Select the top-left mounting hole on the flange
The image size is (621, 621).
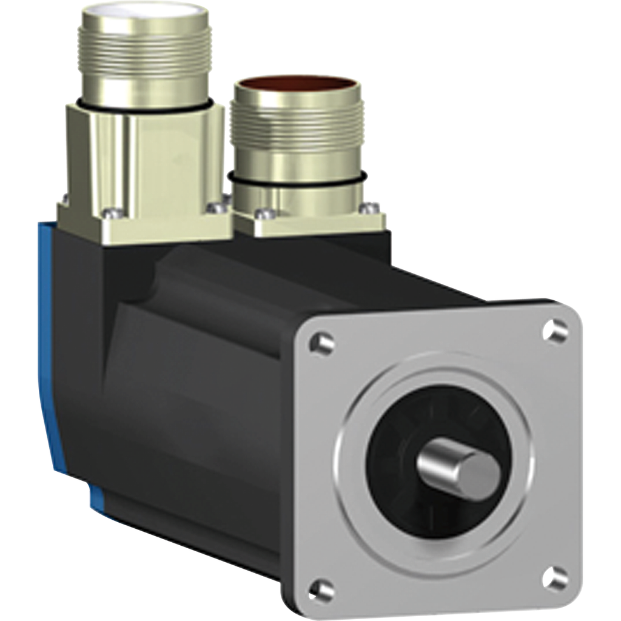(x=321, y=344)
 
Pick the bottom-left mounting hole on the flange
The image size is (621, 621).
(x=321, y=589)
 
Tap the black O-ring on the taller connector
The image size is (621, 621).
(x=146, y=108)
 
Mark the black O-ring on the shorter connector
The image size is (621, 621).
(x=297, y=183)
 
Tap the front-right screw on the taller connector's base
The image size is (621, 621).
(x=213, y=208)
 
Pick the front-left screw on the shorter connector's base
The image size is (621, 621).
(x=262, y=213)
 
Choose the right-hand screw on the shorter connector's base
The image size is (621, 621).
(x=366, y=209)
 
